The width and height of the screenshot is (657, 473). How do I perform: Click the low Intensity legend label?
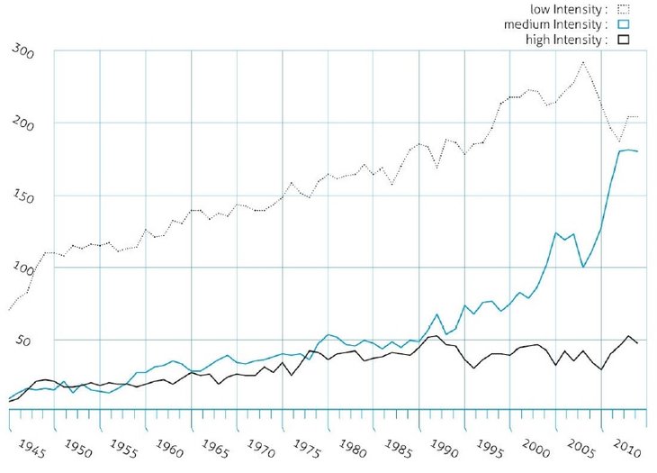point(565,7)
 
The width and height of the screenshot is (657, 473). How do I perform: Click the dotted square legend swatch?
point(624,8)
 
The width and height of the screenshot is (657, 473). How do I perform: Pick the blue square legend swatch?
point(624,24)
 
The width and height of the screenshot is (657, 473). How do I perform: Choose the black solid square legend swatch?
point(624,40)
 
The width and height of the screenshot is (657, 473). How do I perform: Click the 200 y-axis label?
point(23,124)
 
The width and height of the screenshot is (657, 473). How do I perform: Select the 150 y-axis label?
point(23,196)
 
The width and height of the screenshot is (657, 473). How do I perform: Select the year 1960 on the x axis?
point(172,446)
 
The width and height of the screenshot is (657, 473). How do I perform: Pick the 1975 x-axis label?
point(310,446)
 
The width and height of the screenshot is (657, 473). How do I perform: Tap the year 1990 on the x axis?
point(446,446)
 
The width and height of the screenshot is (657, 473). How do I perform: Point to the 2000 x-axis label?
point(537,446)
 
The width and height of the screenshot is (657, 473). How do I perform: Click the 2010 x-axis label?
point(628,446)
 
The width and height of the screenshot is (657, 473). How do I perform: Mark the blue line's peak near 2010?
point(626,150)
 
